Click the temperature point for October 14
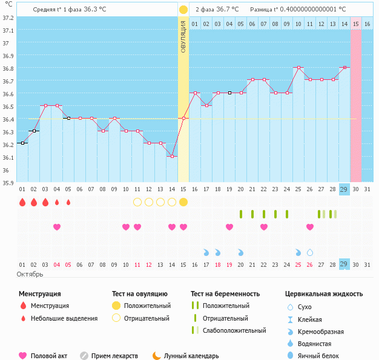(x=172, y=156)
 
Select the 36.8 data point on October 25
(x=298, y=67)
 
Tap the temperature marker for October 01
(x=22, y=143)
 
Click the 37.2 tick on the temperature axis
(x=8, y=18)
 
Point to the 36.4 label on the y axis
(x=8, y=119)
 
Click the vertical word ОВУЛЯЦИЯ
(x=183, y=36)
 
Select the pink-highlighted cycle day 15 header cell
(x=356, y=24)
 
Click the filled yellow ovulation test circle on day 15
(x=183, y=202)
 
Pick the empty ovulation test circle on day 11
(x=137, y=202)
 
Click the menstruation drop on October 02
(x=34, y=202)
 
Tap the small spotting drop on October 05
(x=68, y=202)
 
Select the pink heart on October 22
(x=264, y=227)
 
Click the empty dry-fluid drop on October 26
(x=310, y=253)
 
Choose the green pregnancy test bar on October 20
(x=241, y=214)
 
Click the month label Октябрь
(x=30, y=275)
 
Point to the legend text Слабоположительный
(x=234, y=330)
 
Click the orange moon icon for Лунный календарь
(x=157, y=356)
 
